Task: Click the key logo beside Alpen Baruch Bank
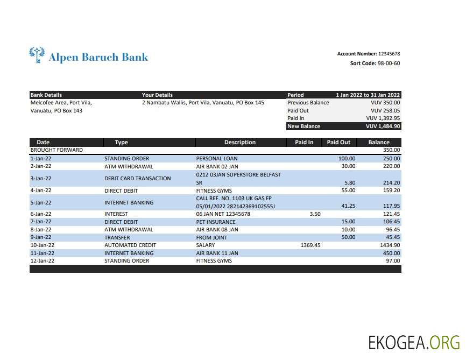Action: click(x=37, y=55)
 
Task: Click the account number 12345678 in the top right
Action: click(x=389, y=54)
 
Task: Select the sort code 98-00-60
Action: click(x=389, y=63)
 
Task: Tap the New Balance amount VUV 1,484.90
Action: click(x=383, y=126)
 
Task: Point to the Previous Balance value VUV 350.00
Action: click(x=385, y=103)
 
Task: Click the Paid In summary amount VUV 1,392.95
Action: click(x=383, y=118)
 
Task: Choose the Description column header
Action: click(x=240, y=143)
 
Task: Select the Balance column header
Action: click(x=379, y=143)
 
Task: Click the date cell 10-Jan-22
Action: click(x=41, y=245)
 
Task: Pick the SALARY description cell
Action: click(x=206, y=245)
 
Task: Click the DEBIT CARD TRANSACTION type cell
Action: click(x=137, y=179)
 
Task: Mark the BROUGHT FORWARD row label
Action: click(x=57, y=150)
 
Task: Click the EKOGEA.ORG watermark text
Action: click(x=414, y=342)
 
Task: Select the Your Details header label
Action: click(x=157, y=95)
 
